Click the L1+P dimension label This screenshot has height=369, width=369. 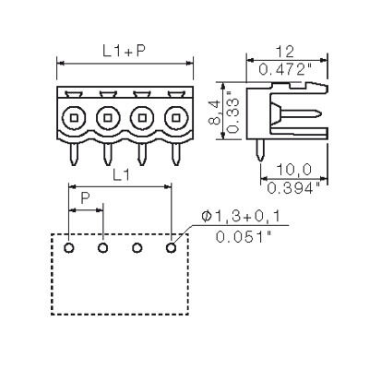click(x=123, y=52)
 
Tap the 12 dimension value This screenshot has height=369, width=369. click(x=284, y=53)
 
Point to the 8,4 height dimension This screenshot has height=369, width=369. click(x=214, y=112)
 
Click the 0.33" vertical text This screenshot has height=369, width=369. click(x=233, y=115)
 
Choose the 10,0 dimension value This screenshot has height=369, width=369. click(x=293, y=170)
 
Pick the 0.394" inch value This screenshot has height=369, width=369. click(x=293, y=188)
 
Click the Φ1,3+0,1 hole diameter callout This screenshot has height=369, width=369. click(x=241, y=217)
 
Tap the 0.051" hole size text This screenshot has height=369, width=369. click(x=244, y=237)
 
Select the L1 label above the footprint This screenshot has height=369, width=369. click(x=121, y=175)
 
